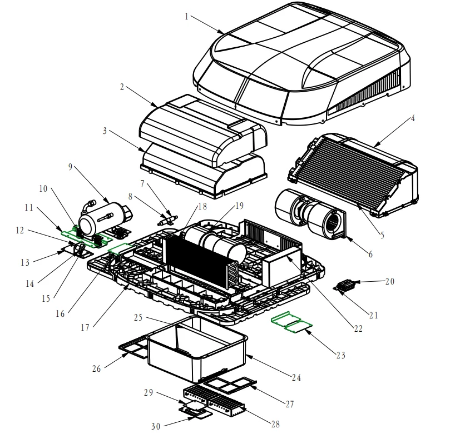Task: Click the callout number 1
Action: tap(187, 17)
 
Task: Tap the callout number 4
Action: tap(413, 118)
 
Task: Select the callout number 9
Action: tap(70, 166)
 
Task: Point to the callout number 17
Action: tap(85, 327)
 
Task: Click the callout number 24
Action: tap(296, 378)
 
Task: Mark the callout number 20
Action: tap(389, 282)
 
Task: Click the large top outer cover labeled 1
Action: tap(300, 67)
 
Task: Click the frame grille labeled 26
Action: tap(134, 348)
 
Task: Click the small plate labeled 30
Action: tap(196, 412)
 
